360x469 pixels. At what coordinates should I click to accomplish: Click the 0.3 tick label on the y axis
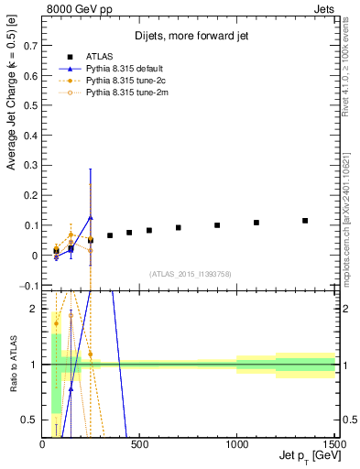(30, 165)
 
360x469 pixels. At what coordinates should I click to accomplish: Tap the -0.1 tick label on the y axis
(28, 286)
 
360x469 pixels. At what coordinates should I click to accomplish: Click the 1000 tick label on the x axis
(237, 444)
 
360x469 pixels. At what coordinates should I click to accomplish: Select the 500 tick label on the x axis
(140, 444)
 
